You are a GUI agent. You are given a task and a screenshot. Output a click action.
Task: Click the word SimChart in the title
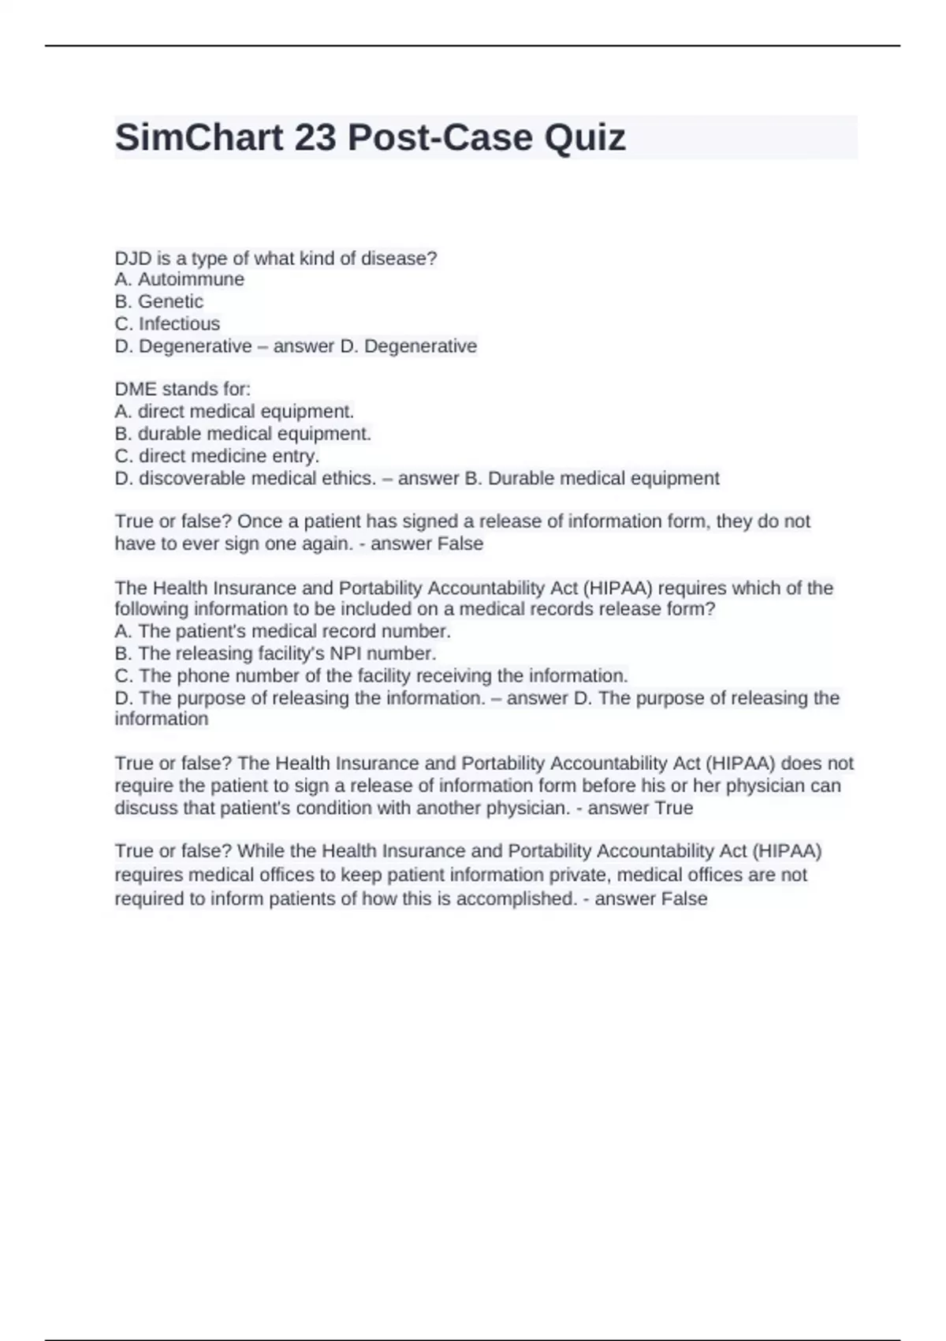click(x=199, y=138)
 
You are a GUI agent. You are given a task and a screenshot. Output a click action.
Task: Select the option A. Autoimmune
click(x=179, y=279)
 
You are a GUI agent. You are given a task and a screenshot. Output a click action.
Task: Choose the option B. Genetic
click(x=158, y=301)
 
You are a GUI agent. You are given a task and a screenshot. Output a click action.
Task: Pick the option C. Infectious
click(x=167, y=323)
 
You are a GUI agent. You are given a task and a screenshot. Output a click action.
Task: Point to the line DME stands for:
click(x=182, y=389)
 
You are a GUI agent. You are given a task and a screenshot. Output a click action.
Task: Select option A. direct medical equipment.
click(x=234, y=411)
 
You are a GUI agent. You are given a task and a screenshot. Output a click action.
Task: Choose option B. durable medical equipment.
click(x=243, y=433)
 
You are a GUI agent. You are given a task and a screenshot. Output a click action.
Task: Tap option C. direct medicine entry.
click(x=217, y=456)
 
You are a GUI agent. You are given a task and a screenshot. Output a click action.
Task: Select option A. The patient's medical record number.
click(x=282, y=631)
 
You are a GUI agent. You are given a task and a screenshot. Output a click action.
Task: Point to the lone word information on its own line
click(x=162, y=719)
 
